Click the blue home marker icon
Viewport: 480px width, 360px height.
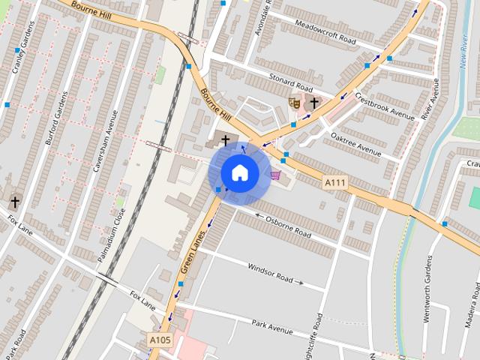coord(239,173)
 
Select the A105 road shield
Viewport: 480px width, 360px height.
coord(160,340)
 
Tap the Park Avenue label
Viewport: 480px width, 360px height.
coord(271,327)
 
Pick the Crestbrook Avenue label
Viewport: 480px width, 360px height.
coord(385,106)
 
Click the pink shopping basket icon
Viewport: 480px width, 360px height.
coord(276,175)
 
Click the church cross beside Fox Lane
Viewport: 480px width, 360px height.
coord(15,201)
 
